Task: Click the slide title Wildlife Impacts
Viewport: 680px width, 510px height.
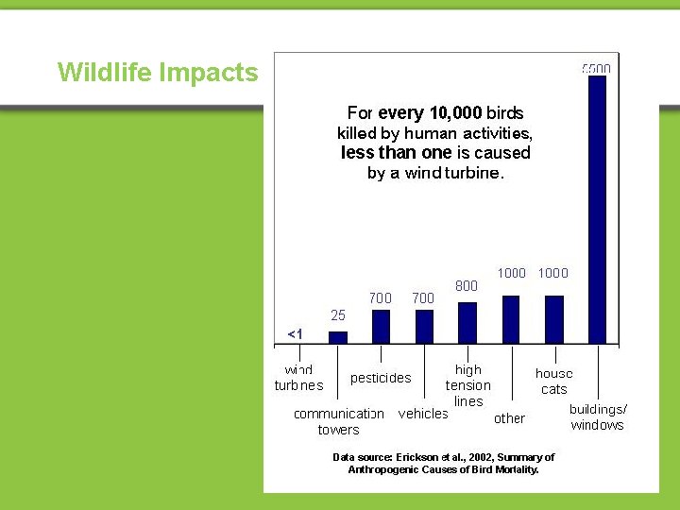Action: (x=158, y=73)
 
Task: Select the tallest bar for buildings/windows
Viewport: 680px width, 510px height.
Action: (x=597, y=208)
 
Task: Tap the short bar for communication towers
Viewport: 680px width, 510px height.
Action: (x=337, y=336)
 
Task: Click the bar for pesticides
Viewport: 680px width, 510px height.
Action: (x=381, y=326)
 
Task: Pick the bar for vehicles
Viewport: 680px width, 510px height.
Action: (x=424, y=326)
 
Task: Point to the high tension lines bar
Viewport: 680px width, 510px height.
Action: (x=467, y=322)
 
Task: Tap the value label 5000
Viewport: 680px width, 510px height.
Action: (x=596, y=69)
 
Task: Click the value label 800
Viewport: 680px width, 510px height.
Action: (x=467, y=285)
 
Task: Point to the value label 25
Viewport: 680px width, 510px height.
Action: (x=337, y=314)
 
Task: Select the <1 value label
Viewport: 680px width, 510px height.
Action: (x=295, y=334)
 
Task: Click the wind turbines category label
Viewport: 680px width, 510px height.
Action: (x=298, y=378)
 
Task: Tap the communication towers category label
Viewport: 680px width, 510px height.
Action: (x=339, y=421)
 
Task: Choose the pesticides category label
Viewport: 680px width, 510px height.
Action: (x=381, y=378)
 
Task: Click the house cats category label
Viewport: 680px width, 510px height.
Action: (x=554, y=382)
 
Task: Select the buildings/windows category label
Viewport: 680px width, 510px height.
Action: (x=598, y=417)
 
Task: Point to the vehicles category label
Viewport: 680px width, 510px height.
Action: (x=423, y=414)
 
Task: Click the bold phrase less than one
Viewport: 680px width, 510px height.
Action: (x=396, y=153)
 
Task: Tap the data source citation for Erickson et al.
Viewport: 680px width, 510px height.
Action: (x=444, y=463)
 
